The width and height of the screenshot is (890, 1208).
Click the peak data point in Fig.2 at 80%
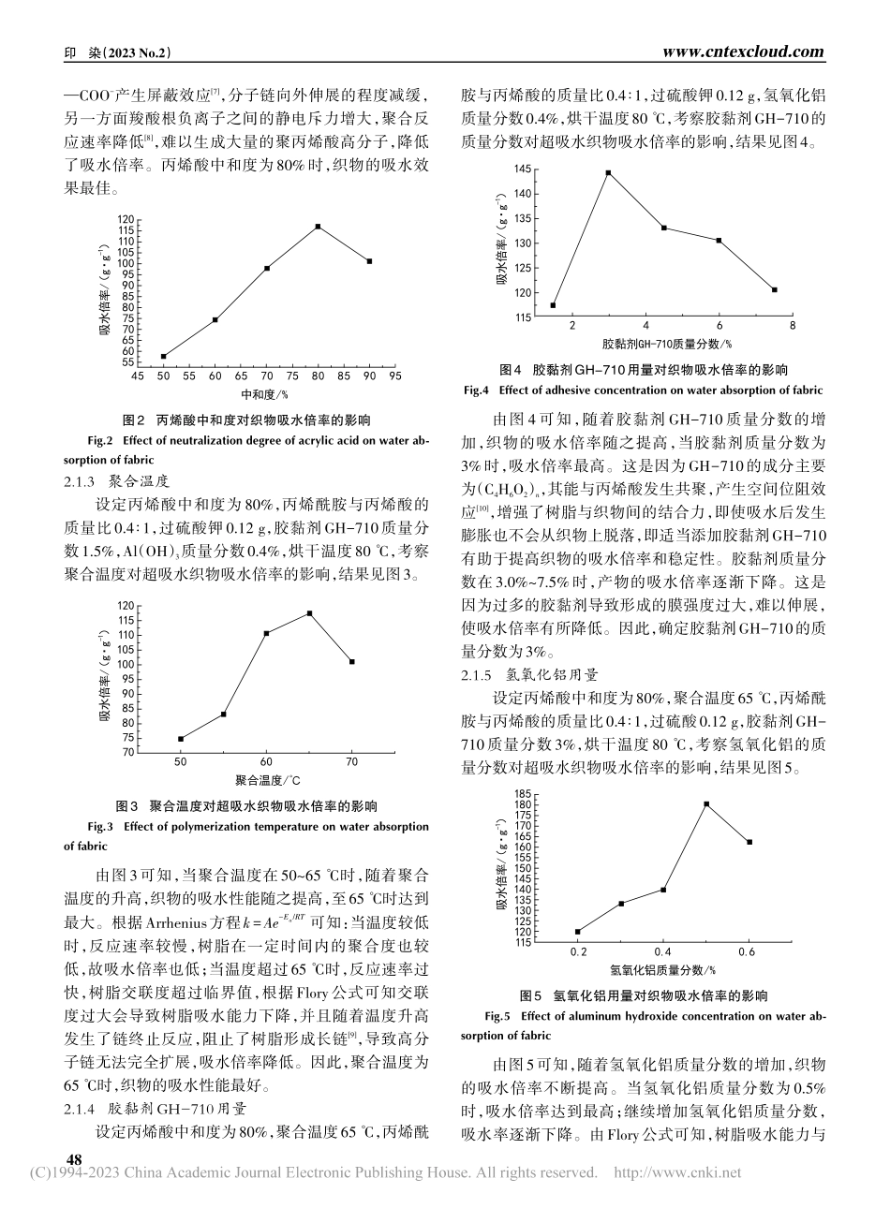[x=319, y=227]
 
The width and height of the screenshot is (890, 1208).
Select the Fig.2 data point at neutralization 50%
[x=164, y=356]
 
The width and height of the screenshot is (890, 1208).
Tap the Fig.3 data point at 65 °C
[x=309, y=613]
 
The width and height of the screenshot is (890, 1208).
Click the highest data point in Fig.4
[x=608, y=172]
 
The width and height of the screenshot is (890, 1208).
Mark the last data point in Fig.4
[x=774, y=289]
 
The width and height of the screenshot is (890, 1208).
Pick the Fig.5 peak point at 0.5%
[x=706, y=803]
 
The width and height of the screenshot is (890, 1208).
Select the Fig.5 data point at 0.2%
[x=578, y=931]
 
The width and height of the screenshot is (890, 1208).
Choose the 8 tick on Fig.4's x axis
[x=793, y=326]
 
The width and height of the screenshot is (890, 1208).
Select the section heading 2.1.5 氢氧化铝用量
[x=535, y=674]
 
